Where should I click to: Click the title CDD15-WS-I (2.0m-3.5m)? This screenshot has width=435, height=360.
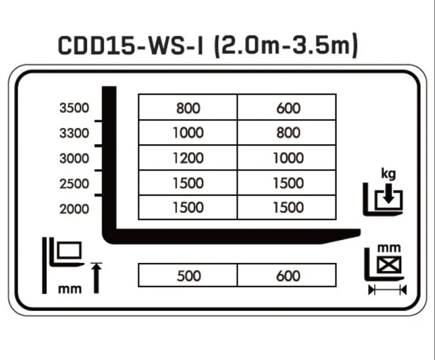click(x=208, y=45)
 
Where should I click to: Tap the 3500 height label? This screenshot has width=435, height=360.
click(x=74, y=108)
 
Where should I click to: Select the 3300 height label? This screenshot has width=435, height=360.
click(x=74, y=133)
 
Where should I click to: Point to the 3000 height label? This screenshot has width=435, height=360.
click(x=74, y=158)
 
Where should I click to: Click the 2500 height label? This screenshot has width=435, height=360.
click(x=74, y=184)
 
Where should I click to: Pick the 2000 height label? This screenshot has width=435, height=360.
click(x=74, y=209)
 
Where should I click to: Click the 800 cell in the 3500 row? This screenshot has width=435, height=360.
click(x=188, y=108)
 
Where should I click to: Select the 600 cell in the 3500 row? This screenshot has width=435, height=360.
click(x=288, y=108)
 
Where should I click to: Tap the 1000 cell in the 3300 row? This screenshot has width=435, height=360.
click(x=188, y=133)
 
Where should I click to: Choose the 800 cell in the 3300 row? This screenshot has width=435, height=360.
click(x=288, y=133)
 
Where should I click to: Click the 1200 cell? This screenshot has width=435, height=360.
click(x=188, y=158)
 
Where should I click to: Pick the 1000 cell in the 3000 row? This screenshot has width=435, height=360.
click(x=288, y=158)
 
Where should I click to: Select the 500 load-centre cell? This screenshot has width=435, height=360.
click(x=188, y=276)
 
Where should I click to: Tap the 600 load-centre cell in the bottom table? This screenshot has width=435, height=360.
click(x=288, y=276)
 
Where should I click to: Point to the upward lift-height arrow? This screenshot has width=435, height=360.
click(x=96, y=277)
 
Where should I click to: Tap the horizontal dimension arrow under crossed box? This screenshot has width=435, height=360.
click(x=387, y=290)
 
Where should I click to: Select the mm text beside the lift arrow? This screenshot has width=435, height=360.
click(x=69, y=289)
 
